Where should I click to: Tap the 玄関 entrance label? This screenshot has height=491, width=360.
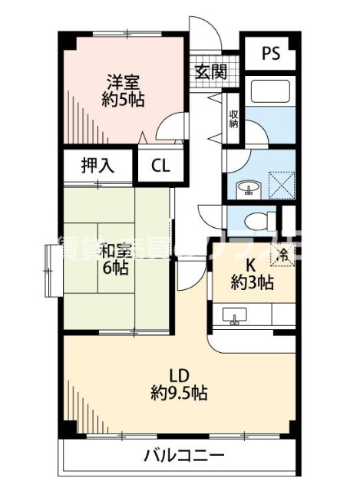click(x=210, y=72)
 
